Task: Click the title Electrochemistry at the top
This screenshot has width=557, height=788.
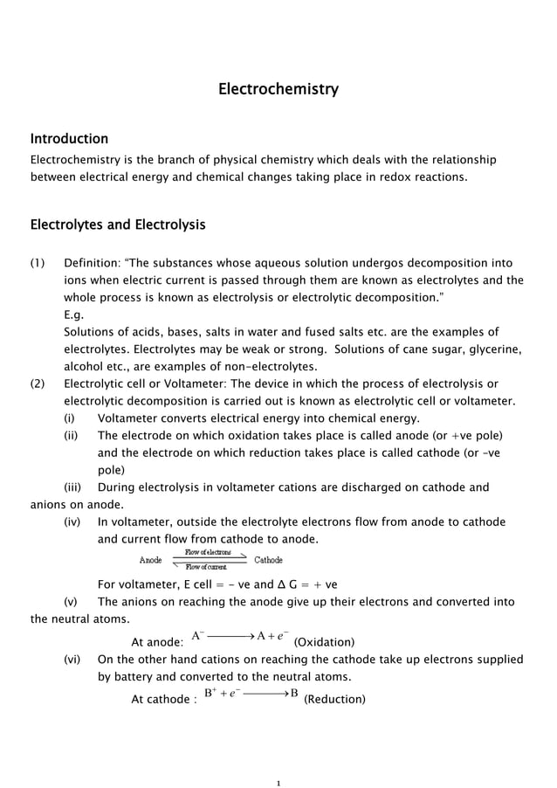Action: coord(278,89)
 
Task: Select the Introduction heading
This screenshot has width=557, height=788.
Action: coord(70,139)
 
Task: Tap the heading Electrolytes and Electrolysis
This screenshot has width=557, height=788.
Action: coord(118,225)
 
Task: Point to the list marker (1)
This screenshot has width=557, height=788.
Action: coord(40,263)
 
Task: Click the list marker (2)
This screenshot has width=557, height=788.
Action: coord(40,384)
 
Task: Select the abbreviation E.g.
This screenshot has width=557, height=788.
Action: coord(74,315)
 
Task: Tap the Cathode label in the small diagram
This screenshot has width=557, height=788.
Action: coord(269,560)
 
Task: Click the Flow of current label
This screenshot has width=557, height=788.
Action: coord(207,568)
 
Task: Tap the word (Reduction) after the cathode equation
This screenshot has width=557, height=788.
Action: coord(334,699)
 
